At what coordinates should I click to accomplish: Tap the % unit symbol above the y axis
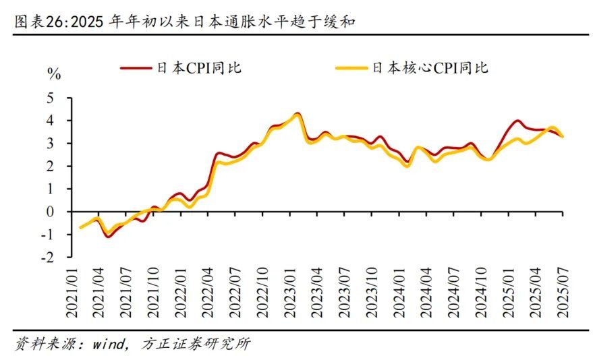(53, 74)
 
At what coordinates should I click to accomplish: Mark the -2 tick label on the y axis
(47, 257)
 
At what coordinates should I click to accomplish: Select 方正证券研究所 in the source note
(196, 344)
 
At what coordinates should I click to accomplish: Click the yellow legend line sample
(351, 68)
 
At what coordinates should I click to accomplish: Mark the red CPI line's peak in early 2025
(517, 121)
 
